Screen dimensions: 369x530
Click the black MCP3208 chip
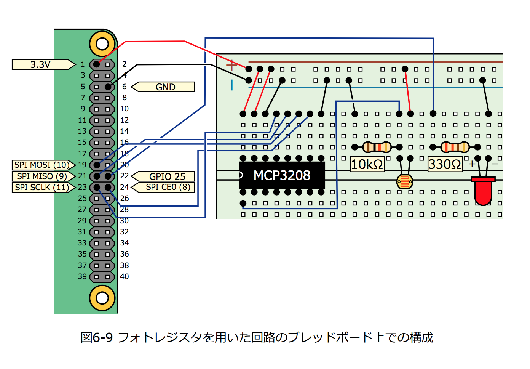click(282, 175)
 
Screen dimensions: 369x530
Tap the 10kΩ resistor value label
click(367, 165)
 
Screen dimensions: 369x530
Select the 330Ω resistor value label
click(445, 165)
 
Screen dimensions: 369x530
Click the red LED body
click(483, 192)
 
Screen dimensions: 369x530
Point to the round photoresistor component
click(405, 181)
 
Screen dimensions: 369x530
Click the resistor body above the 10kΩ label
click(377, 147)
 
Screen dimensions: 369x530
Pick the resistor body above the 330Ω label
click(455, 147)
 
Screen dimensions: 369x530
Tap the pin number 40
click(125, 276)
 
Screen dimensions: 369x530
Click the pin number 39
click(82, 276)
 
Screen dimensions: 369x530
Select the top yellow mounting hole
click(102, 44)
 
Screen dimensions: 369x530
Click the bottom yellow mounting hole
click(102, 298)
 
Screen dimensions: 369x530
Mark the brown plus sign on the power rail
click(231, 65)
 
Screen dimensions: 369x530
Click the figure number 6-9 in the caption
click(103, 337)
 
